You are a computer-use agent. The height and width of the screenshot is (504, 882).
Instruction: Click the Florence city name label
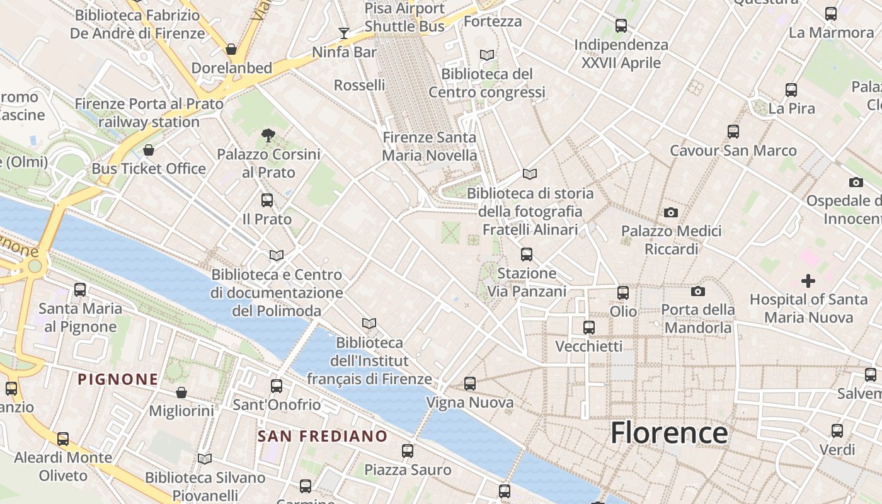point(669,433)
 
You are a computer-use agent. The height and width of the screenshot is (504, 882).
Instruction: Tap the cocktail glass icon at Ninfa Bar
point(343,33)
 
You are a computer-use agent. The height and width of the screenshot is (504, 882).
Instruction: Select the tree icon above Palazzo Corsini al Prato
point(268,134)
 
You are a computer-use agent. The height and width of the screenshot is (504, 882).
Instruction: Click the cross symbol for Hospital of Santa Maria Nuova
point(808,280)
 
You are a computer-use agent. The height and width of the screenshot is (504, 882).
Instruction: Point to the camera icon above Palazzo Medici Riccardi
point(671,212)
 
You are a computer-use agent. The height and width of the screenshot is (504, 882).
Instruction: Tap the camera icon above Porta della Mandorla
point(697,291)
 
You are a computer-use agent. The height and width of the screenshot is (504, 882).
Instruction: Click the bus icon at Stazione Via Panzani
point(527,255)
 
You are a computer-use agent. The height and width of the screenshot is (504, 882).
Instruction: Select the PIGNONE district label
point(118,379)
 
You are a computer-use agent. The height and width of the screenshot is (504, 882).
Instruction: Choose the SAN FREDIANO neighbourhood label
point(323,436)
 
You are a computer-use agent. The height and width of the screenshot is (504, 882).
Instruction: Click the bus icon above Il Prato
point(267,200)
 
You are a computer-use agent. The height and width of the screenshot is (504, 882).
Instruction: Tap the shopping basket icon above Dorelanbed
point(231,49)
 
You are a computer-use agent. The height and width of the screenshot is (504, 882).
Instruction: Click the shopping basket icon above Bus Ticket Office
point(149,150)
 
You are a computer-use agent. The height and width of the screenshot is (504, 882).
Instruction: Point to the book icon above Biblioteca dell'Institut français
point(369,323)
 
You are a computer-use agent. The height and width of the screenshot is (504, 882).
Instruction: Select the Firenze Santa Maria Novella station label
point(430,146)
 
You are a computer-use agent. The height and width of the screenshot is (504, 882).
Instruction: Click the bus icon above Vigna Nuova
point(470,383)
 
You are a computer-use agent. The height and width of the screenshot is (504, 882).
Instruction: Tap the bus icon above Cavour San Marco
point(733,132)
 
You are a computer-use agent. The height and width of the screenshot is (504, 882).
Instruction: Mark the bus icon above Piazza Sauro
point(408,451)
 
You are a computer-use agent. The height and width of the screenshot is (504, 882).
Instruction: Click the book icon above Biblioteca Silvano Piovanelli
point(205,459)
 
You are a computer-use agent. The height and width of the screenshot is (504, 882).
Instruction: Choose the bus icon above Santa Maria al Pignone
point(80,290)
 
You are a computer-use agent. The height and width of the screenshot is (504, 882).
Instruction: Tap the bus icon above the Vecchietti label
point(589,328)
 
